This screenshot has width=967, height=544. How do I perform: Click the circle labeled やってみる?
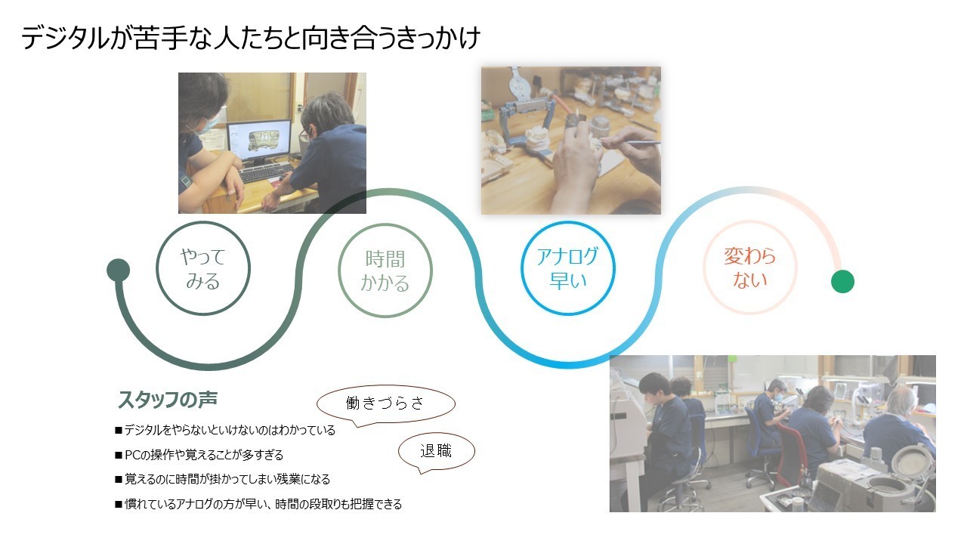point(203,222)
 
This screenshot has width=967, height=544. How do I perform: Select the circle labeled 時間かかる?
point(385,224)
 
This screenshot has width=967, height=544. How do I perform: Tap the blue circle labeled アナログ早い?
point(568,222)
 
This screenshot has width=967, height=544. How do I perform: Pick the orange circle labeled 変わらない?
point(750,221)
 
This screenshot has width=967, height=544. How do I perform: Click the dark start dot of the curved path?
point(119,270)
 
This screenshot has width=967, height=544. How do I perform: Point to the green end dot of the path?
point(842,282)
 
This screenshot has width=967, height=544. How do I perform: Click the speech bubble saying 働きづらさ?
point(385,403)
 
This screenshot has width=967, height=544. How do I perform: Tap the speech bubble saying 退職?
point(436,451)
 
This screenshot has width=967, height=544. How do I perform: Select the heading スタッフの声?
point(168,400)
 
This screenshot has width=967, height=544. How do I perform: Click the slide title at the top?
point(251,38)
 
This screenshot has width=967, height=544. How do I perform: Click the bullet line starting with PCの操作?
point(199,455)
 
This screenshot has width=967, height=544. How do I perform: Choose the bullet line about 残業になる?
point(222,479)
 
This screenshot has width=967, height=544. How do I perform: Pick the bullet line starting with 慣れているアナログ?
point(258,504)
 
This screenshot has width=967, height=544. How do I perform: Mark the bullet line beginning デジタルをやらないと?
point(225,431)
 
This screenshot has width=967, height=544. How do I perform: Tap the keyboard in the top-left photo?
point(267,173)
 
